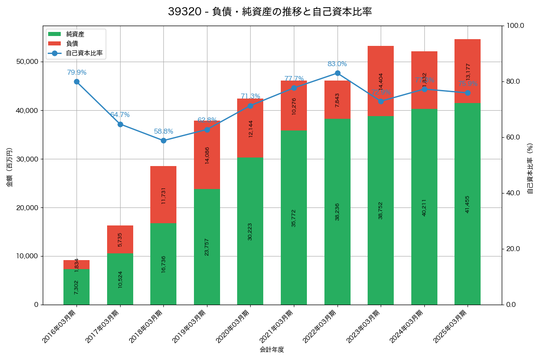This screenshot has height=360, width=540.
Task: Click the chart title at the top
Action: [x=270, y=12]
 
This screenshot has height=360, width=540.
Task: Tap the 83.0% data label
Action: [x=337, y=64]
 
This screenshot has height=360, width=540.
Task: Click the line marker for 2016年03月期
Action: [x=76, y=81]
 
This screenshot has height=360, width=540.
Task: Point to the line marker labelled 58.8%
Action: [x=163, y=140]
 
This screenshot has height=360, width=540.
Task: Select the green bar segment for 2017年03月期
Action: [x=120, y=279]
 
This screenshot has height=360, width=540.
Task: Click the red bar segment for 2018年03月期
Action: [x=163, y=194]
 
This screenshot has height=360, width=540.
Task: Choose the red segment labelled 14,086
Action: [x=207, y=155]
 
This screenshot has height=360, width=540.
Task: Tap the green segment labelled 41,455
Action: [x=468, y=204]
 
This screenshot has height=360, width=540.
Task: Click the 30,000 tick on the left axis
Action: [x=27, y=159]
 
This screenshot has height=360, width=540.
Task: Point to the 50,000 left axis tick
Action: [x=27, y=62]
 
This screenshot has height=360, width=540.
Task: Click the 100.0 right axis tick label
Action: [x=514, y=26]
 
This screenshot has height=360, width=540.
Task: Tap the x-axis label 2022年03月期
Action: [x=320, y=327]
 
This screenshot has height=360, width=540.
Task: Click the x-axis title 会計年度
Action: [x=272, y=350]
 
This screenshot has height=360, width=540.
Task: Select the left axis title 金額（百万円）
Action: [x=9, y=167]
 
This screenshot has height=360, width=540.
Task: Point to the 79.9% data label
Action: [x=76, y=72]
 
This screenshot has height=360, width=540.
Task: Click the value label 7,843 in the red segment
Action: [x=337, y=100]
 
